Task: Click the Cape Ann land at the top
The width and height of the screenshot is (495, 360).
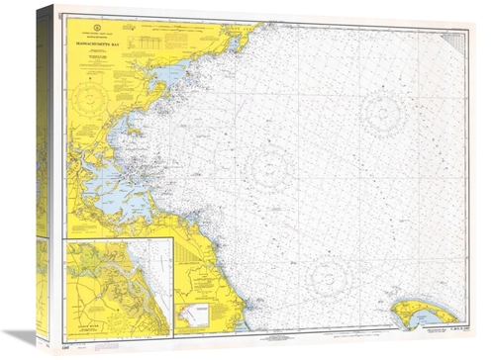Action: [x=238, y=40]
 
